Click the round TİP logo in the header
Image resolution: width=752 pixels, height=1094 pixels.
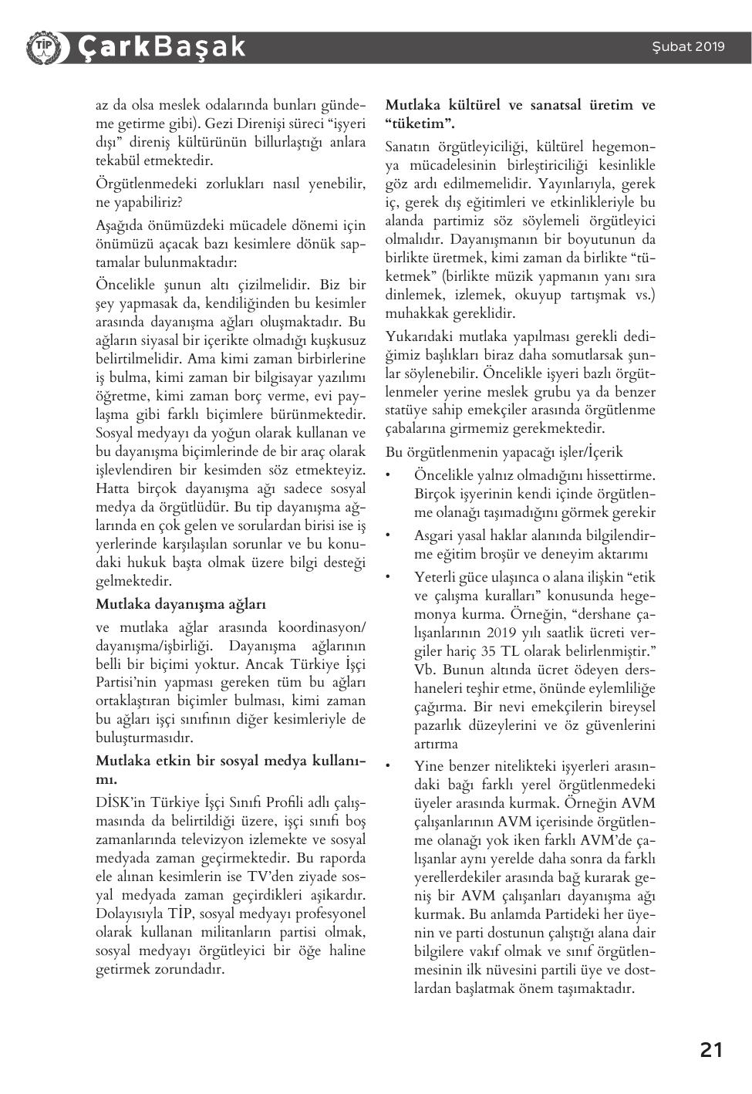(42, 47)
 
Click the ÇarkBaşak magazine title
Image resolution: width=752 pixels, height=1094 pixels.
(161, 47)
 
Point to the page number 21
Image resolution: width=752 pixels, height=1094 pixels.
(711, 1049)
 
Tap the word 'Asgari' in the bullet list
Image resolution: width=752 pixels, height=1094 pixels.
(435, 535)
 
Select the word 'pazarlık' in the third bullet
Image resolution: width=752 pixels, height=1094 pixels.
(439, 725)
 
